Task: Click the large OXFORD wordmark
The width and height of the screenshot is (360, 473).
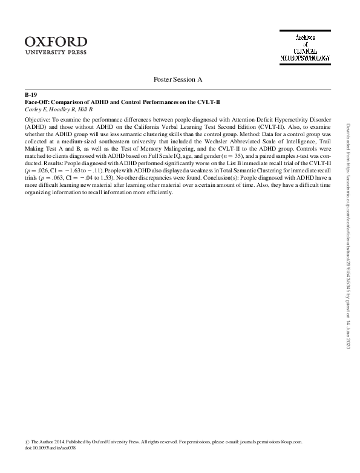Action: coord(56,41)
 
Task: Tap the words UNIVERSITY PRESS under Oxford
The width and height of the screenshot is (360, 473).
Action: coord(56,53)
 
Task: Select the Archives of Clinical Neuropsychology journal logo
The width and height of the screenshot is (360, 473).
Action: coord(305,47)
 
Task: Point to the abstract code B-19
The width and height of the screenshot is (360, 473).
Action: coord(31,96)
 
